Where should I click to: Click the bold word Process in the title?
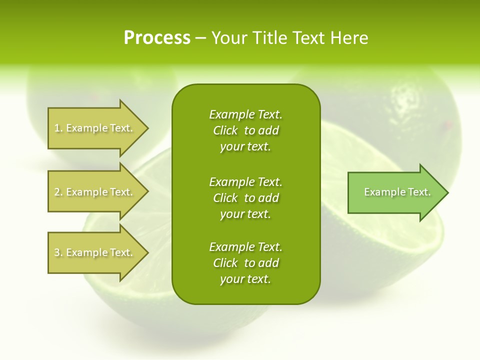[157, 38]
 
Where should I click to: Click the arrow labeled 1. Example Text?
[95, 128]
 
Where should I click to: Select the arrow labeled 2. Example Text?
[95, 192]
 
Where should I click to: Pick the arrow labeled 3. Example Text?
[95, 252]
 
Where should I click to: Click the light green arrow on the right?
[395, 192]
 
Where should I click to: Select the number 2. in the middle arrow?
[58, 192]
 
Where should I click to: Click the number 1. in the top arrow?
[58, 128]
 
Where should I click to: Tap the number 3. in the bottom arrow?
[58, 252]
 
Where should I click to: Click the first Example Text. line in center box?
[245, 114]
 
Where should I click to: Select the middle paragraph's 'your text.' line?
[245, 214]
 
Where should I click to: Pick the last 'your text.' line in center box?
[245, 279]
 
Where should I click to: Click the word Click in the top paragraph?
[225, 130]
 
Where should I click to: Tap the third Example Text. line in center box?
[245, 247]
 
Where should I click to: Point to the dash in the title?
[201, 38]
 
